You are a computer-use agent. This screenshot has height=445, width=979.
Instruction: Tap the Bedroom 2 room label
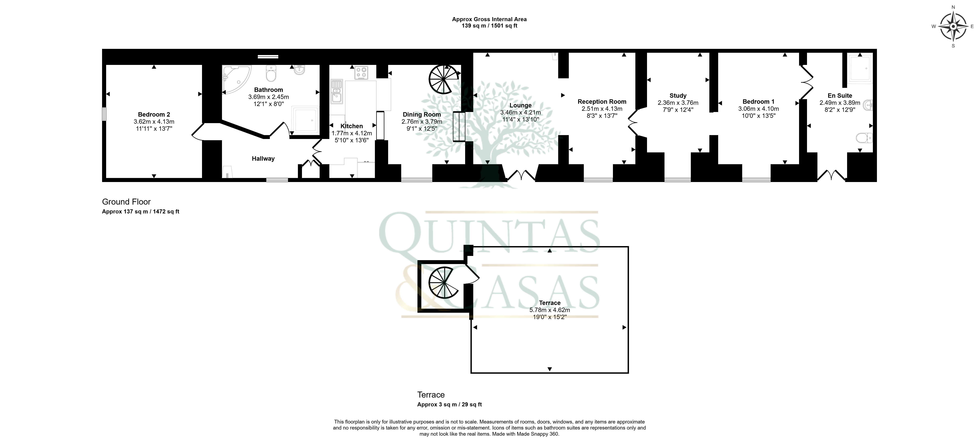[x=154, y=114]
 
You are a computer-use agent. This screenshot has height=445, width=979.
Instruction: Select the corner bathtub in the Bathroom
[x=236, y=80]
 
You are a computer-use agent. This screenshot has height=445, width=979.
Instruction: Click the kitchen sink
[x=337, y=91]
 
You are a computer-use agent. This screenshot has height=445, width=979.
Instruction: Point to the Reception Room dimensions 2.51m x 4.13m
[x=602, y=109]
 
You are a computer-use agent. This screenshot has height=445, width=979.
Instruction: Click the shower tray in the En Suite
[x=860, y=69]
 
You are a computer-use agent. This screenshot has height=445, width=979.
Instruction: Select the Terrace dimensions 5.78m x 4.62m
[x=550, y=310]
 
